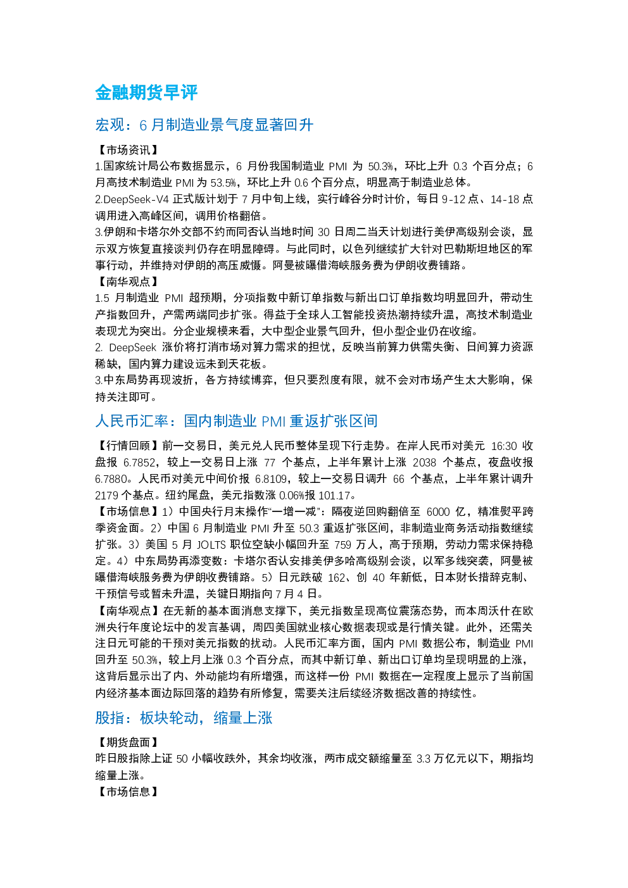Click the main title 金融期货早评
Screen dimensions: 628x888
pos(146,93)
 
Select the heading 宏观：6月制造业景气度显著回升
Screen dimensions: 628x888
pos(204,125)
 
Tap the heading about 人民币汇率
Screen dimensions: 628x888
pos(236,421)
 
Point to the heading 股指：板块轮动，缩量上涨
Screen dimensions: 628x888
pos(184,718)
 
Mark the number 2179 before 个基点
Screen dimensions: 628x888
pos(106,496)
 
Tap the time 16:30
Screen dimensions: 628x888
pos(504,446)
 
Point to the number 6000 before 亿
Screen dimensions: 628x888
pos(438,512)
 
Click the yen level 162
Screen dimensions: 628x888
pos(337,578)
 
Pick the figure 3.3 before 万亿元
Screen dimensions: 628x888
pos(423,759)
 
